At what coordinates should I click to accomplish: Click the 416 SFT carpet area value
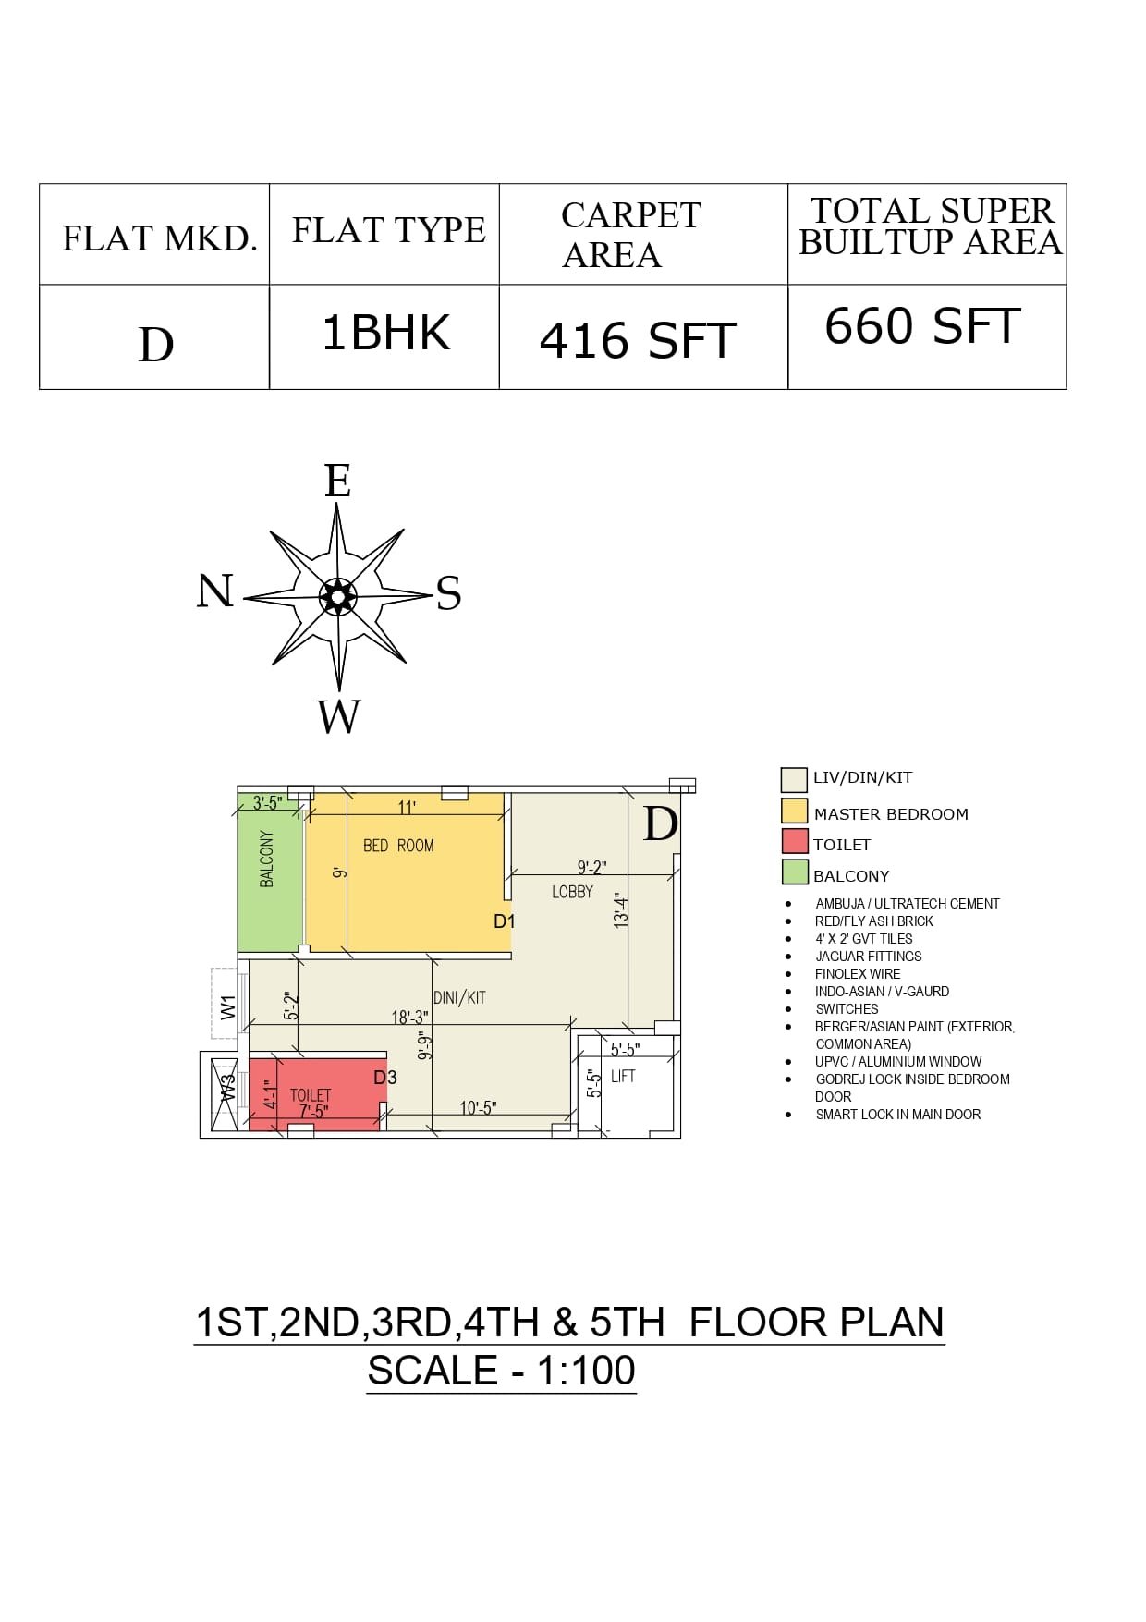click(x=638, y=340)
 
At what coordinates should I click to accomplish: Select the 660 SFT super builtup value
click(x=922, y=325)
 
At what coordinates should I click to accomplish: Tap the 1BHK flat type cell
click(x=386, y=333)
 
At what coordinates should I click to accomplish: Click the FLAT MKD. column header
click(x=159, y=238)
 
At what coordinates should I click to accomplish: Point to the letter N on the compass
click(x=214, y=591)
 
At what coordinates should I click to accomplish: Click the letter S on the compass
click(x=448, y=592)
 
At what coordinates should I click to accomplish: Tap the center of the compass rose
click(x=338, y=597)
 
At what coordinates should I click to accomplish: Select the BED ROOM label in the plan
click(x=398, y=846)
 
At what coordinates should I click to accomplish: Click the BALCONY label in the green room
click(x=267, y=860)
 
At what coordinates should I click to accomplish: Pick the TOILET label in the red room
click(x=311, y=1095)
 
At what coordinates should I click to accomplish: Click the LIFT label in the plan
click(x=623, y=1076)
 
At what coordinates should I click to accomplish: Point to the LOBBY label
click(x=572, y=892)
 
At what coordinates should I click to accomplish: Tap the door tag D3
click(x=385, y=1078)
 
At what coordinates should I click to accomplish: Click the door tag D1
click(x=505, y=921)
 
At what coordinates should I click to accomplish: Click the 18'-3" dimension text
click(x=409, y=1017)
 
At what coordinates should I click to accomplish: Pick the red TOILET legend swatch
click(x=795, y=841)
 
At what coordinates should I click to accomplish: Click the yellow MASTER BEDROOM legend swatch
click(x=795, y=811)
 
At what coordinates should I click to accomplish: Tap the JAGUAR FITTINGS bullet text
click(x=869, y=957)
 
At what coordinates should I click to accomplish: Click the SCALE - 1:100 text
click(x=502, y=1370)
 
